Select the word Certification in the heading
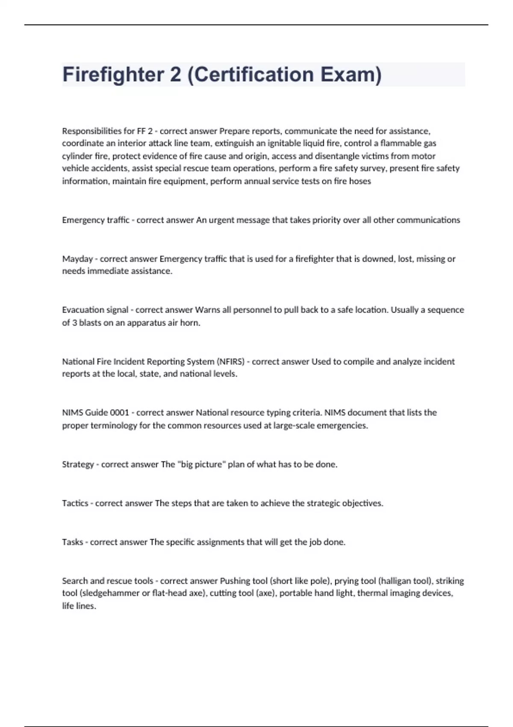coord(254,74)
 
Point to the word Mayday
coord(77,259)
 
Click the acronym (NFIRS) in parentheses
coord(230,361)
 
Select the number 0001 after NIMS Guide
coord(119,413)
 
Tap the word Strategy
coord(78,464)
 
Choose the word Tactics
coord(75,503)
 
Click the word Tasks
coord(73,542)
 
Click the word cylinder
coord(77,156)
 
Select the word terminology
coord(114,426)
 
